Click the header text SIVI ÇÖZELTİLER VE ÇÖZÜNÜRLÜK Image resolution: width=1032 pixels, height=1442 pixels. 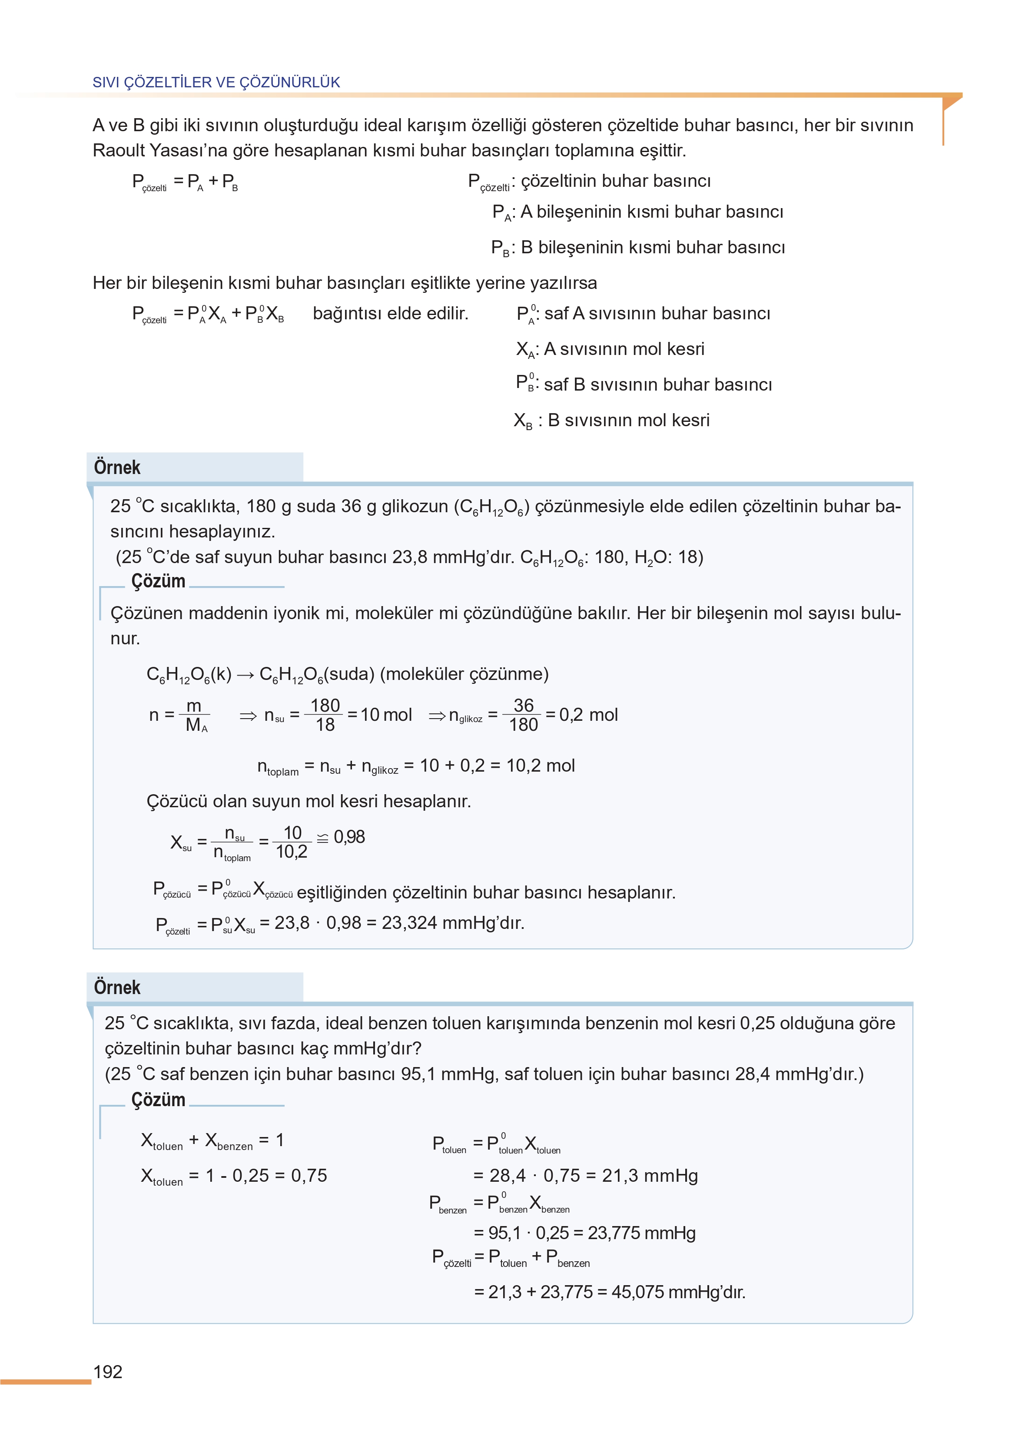pos(216,82)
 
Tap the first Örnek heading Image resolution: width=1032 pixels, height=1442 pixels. pos(117,467)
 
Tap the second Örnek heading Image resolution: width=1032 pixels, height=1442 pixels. pos(117,987)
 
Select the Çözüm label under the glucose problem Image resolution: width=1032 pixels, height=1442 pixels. pos(158,581)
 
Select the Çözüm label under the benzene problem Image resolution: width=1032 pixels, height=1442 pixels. pos(158,1100)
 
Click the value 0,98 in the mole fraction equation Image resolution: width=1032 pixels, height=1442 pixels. pos(349,837)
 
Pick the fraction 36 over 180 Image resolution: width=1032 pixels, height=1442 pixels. pos(523,715)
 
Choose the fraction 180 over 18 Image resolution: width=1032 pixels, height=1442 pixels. pos(325,715)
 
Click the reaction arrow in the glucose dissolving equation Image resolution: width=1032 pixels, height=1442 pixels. pos(246,675)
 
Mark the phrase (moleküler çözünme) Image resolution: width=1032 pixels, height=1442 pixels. pos(464,674)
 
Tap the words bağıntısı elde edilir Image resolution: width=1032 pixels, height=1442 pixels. pos(390,313)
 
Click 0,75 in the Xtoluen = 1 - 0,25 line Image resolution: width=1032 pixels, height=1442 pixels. pos(309,1175)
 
